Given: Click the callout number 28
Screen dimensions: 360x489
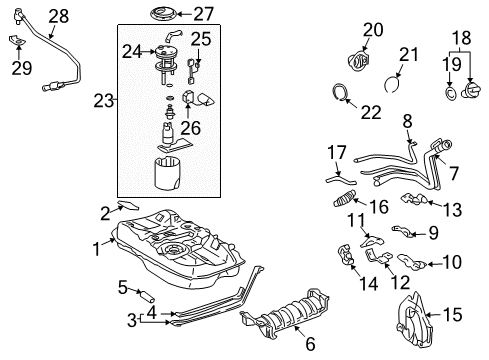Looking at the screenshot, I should [x=59, y=16].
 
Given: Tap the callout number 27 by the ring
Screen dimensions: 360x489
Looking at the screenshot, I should [x=204, y=14].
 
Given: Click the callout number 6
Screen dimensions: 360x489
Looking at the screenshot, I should [x=309, y=344].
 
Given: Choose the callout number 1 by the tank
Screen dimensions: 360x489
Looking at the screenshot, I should [x=98, y=246].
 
